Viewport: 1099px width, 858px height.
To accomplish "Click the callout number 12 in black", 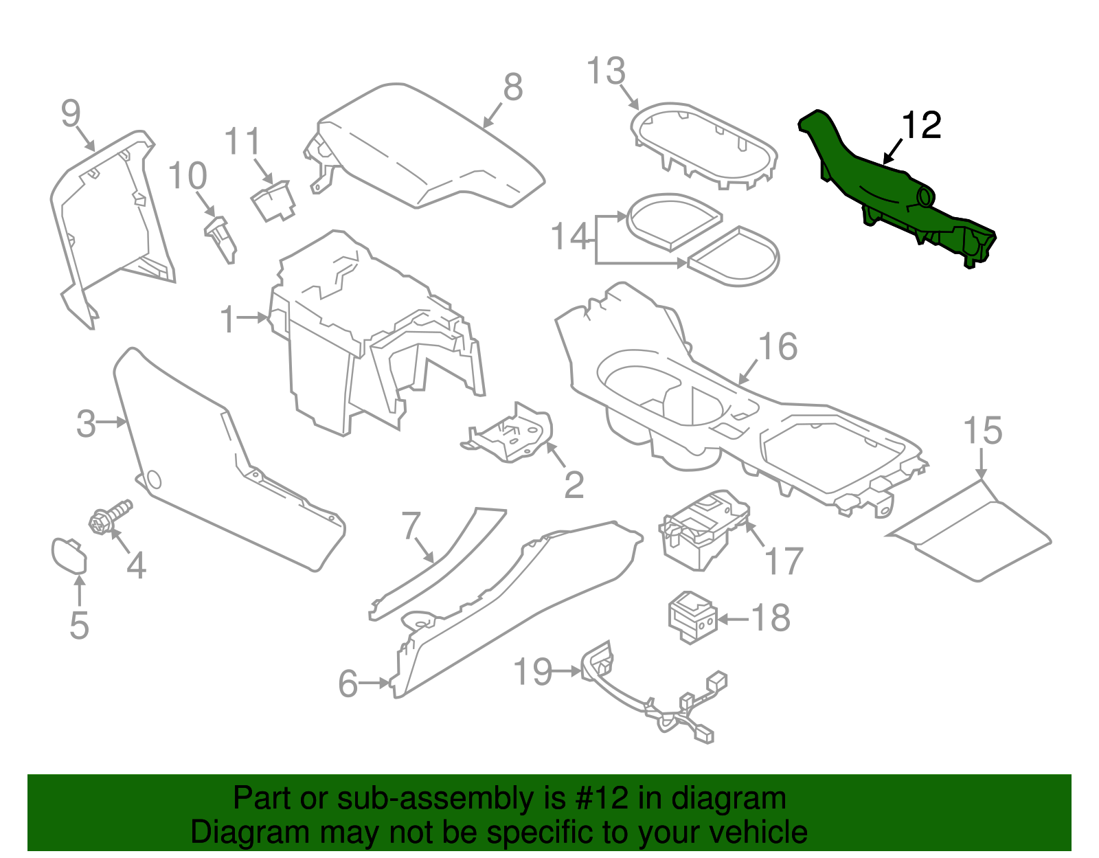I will pyautogui.click(x=920, y=126).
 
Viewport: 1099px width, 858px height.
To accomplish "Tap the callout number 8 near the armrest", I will pyautogui.click(x=512, y=87).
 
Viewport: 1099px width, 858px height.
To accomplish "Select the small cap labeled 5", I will pyautogui.click(x=69, y=555).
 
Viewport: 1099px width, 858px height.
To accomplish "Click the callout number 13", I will pyautogui.click(x=607, y=71).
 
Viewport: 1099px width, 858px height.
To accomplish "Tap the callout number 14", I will pyautogui.click(x=571, y=236).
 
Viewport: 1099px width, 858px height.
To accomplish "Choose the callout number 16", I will pyautogui.click(x=778, y=347).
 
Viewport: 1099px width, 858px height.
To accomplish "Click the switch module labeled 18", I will pyautogui.click(x=692, y=616).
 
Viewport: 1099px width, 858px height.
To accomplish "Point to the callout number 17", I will pyautogui.click(x=784, y=561).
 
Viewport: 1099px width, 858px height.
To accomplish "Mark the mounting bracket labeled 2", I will pyautogui.click(x=512, y=433).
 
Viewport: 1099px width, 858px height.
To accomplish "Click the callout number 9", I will pyautogui.click(x=71, y=113).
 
